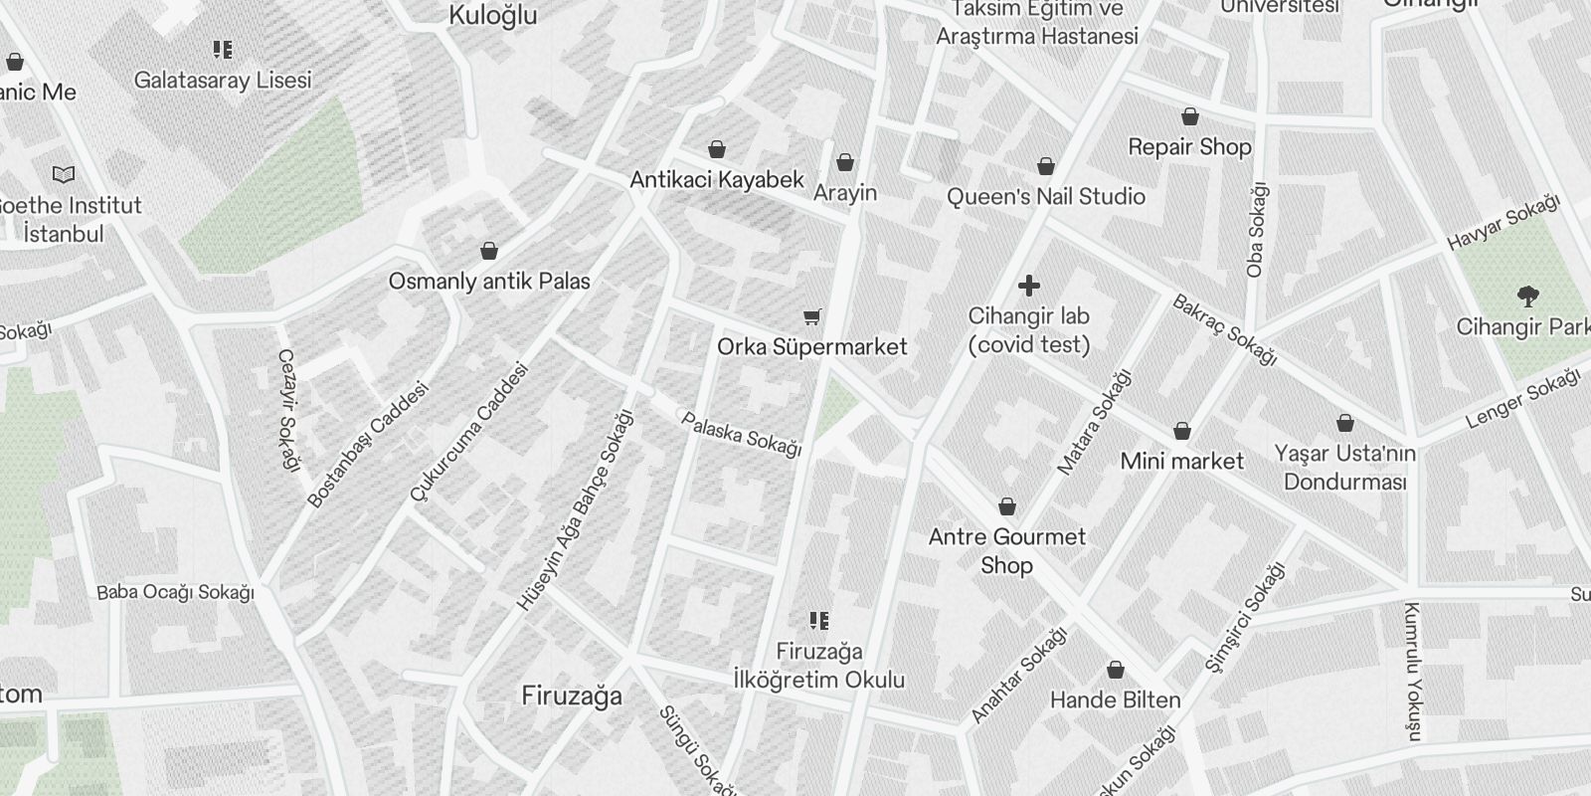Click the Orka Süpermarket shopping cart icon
coord(812,317)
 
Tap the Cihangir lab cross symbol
coord(1029,287)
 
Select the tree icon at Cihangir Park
coord(1527,296)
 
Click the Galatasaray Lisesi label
coord(223,80)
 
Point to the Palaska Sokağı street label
coord(742,434)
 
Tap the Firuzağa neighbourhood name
coord(572,696)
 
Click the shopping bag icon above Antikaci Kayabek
coord(716,150)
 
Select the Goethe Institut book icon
coord(64,175)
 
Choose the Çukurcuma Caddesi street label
coord(468,432)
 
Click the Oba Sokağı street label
coord(1257,230)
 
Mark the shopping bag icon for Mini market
coord(1181,431)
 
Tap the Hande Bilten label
coord(1116,699)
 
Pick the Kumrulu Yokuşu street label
coord(1412,671)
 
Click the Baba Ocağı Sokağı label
coord(175,592)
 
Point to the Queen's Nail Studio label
coord(1045,196)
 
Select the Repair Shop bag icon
coord(1189,116)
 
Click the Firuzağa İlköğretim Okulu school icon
coord(819,622)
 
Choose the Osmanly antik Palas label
coord(489,281)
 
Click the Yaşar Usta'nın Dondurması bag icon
coord(1345,424)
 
